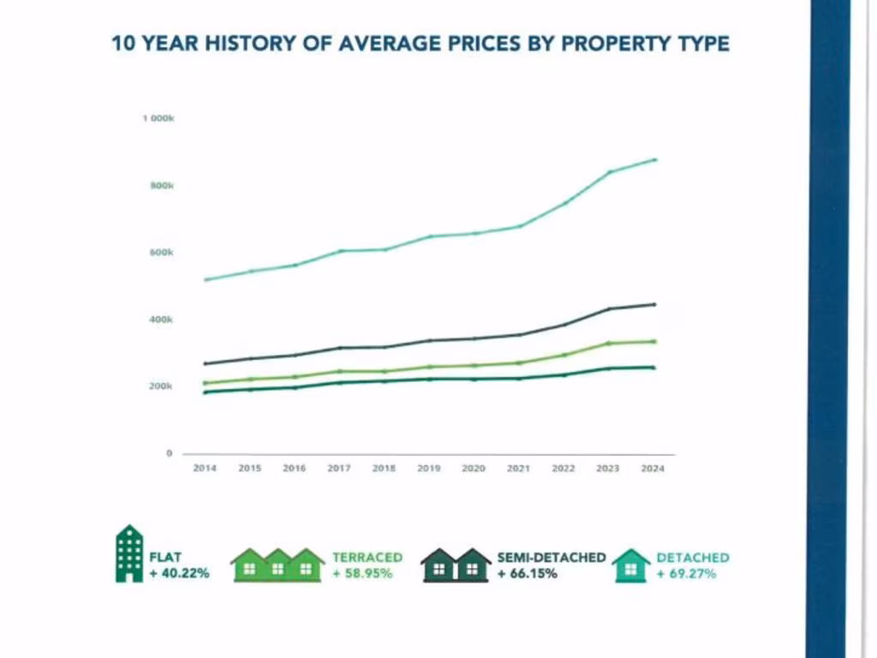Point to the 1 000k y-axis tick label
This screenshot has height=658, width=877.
point(158,118)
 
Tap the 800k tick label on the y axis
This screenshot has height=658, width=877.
point(163,186)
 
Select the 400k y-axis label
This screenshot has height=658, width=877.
point(163,320)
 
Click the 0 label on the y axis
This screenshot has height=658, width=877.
point(169,453)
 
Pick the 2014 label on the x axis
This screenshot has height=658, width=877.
point(205,469)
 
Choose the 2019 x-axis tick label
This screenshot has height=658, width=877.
point(428,469)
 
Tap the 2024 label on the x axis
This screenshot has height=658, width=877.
point(653,469)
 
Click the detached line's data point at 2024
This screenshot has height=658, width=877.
point(654,159)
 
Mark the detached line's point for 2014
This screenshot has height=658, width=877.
point(206,279)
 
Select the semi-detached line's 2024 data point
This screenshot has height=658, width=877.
point(654,304)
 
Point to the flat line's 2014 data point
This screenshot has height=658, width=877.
point(206,392)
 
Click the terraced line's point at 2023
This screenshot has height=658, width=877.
point(610,343)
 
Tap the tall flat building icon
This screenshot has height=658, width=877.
point(129,553)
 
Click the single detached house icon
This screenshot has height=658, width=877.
point(631,565)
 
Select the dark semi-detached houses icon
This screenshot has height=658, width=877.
point(455,565)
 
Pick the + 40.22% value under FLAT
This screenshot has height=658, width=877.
point(178,573)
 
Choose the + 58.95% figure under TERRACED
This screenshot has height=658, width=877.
point(362,573)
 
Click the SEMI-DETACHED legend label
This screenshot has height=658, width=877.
point(551,557)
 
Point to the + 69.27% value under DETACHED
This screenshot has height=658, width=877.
point(686,573)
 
